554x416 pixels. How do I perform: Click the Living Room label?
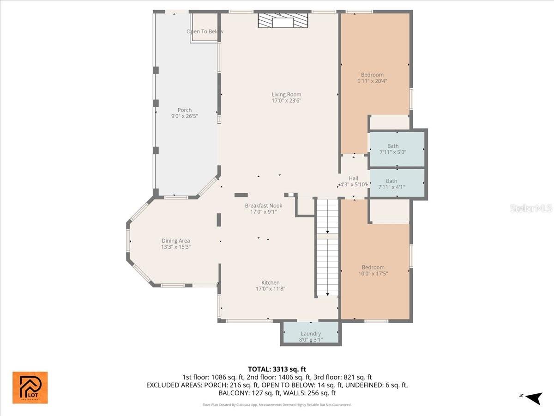coord(286,94)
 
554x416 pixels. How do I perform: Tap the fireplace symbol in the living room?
coord(283,21)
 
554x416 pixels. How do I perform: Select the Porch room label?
coord(185,110)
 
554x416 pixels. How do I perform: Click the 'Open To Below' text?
coord(205,31)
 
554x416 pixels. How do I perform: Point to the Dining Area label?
coord(175,241)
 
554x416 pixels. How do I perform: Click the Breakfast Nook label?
coord(263,206)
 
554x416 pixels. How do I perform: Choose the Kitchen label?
coord(271,283)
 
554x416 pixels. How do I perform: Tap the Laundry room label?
coord(311,334)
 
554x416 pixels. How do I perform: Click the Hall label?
coord(353,178)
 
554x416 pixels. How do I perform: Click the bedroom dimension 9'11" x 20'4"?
coord(372,81)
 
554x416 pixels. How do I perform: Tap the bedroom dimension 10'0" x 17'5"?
coord(373,273)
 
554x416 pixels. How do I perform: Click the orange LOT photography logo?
coord(30,387)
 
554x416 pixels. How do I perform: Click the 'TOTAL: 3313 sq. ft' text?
coord(277,369)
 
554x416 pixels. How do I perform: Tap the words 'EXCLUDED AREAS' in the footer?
coord(173,385)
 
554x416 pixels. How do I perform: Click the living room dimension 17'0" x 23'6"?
coord(286,100)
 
